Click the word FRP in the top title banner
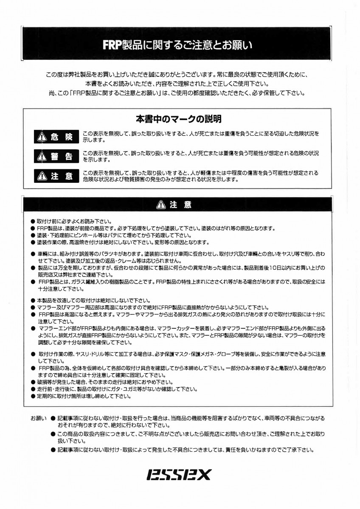[x=111, y=45]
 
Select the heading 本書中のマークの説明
[x=178, y=119]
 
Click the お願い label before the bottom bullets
[x=38, y=418]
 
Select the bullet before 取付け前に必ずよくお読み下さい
[x=33, y=221]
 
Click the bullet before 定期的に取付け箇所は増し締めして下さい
[x=33, y=397]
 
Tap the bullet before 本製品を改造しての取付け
[x=33, y=300]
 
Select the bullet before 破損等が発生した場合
[x=33, y=382]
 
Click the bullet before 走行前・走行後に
[x=33, y=389]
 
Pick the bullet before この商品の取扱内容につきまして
[x=53, y=434]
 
